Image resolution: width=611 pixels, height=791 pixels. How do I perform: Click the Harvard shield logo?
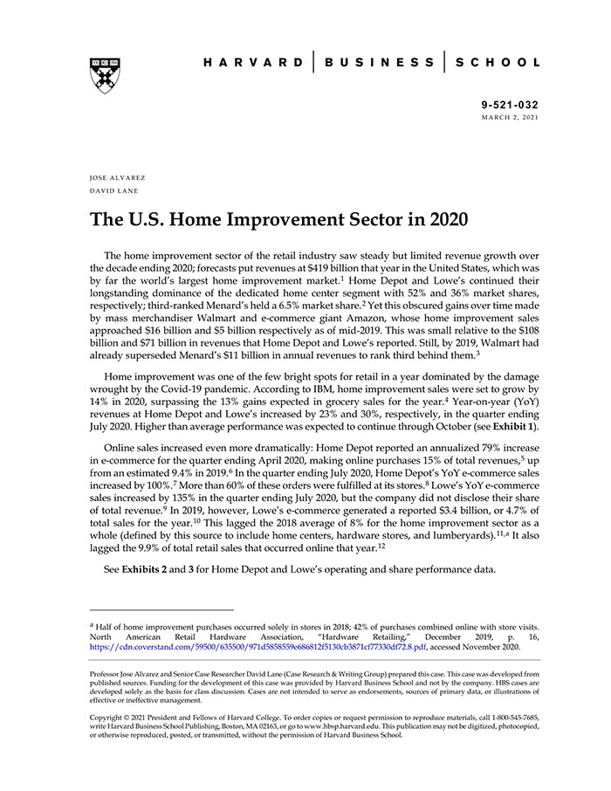pos(105,75)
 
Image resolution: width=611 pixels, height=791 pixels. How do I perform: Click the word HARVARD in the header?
pos(253,63)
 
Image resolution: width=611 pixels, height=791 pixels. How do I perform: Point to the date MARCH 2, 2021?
pos(511,117)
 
